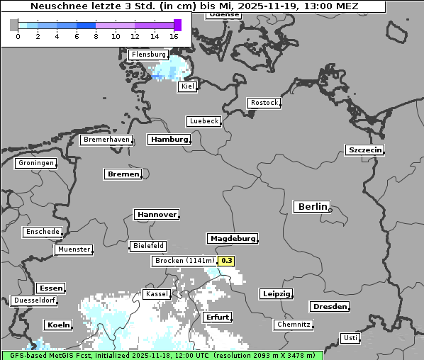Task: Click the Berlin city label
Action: click(312, 207)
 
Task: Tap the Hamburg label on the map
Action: click(169, 140)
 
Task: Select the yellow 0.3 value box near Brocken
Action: click(226, 261)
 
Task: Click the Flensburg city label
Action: click(148, 55)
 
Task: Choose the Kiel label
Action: click(187, 86)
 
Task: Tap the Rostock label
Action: click(264, 103)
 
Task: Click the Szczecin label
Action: click(364, 150)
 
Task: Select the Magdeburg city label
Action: click(233, 239)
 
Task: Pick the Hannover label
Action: click(155, 214)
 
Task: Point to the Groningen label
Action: click(35, 163)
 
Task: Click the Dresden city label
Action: click(329, 307)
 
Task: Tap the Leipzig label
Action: click(276, 294)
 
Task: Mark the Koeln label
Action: click(58, 325)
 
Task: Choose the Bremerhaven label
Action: click(106, 140)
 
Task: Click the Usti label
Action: click(350, 338)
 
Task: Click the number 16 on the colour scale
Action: click(174, 36)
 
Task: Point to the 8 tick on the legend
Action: click(96, 36)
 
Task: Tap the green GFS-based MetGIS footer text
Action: click(162, 355)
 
